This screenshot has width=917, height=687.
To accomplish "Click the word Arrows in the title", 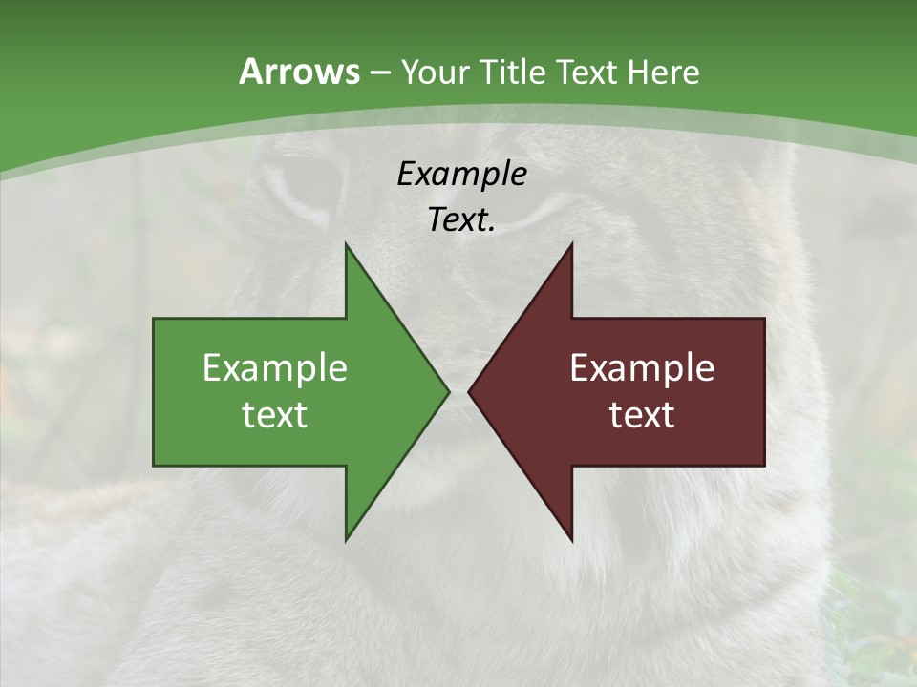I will tap(299, 72).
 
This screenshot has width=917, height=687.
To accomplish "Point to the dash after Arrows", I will tap(379, 73).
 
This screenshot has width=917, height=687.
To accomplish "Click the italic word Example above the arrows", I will tap(461, 174).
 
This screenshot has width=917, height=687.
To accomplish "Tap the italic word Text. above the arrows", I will tap(461, 219).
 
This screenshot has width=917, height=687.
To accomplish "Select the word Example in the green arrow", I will tap(275, 368).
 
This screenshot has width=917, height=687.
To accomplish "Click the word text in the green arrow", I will tap(275, 415).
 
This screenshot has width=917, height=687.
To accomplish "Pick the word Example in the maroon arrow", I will tap(642, 368).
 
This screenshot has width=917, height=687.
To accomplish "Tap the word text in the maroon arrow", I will tap(642, 415).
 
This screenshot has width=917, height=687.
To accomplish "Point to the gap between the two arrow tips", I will tap(458, 391).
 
